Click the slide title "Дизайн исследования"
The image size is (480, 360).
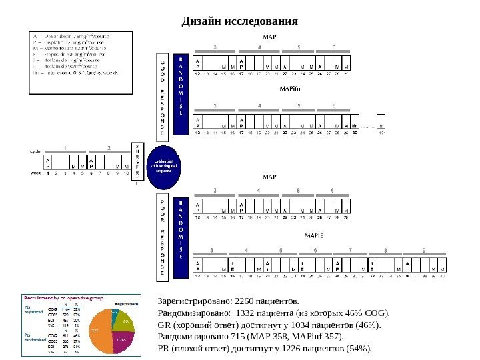point(240,21)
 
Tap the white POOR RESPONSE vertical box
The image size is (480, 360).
point(161,237)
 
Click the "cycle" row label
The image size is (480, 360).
point(35,151)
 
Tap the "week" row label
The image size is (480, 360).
point(35,173)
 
